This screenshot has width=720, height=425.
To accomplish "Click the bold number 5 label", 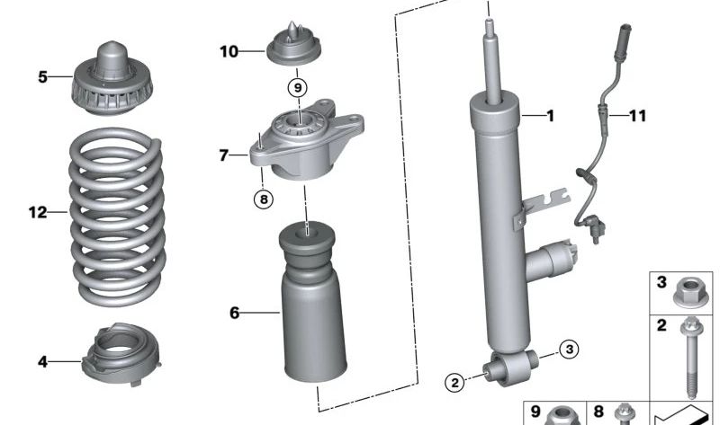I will (x=42, y=77).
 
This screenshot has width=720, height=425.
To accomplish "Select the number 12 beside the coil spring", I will (x=37, y=213).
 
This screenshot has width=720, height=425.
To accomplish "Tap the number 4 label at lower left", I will (x=42, y=362).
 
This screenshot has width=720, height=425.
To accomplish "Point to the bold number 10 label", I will (x=229, y=51).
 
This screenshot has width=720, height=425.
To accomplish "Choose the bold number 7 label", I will (x=224, y=155).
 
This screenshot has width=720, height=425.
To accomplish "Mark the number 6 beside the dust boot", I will (x=235, y=313).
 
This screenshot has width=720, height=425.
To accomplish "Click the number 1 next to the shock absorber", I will (x=551, y=115).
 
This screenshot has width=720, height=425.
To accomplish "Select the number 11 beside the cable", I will (x=637, y=115).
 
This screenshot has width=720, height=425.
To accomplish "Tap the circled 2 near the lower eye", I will (x=455, y=384).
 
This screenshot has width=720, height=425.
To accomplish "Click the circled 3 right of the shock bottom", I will (x=568, y=350).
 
